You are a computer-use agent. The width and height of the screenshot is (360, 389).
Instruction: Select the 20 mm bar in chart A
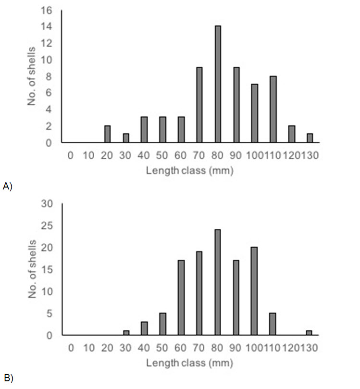[x=107, y=134]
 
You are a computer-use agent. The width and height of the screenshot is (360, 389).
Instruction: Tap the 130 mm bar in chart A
[x=310, y=138]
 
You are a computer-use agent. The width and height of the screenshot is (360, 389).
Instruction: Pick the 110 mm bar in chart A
[x=273, y=110]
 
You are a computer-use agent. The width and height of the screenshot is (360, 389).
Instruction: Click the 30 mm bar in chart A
[x=126, y=138]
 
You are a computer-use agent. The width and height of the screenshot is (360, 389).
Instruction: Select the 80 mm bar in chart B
[x=218, y=282]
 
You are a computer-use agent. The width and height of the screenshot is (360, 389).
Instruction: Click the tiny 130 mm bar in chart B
[x=310, y=333]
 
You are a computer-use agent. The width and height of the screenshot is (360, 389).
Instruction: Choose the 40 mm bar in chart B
[x=144, y=328]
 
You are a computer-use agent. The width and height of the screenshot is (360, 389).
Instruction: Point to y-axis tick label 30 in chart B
[x=49, y=203]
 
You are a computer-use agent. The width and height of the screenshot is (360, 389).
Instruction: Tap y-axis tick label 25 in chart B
[x=49, y=226]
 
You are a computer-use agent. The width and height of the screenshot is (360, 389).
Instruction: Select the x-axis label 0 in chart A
[x=71, y=155]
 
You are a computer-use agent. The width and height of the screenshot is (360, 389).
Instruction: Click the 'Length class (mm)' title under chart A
[x=189, y=171]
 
